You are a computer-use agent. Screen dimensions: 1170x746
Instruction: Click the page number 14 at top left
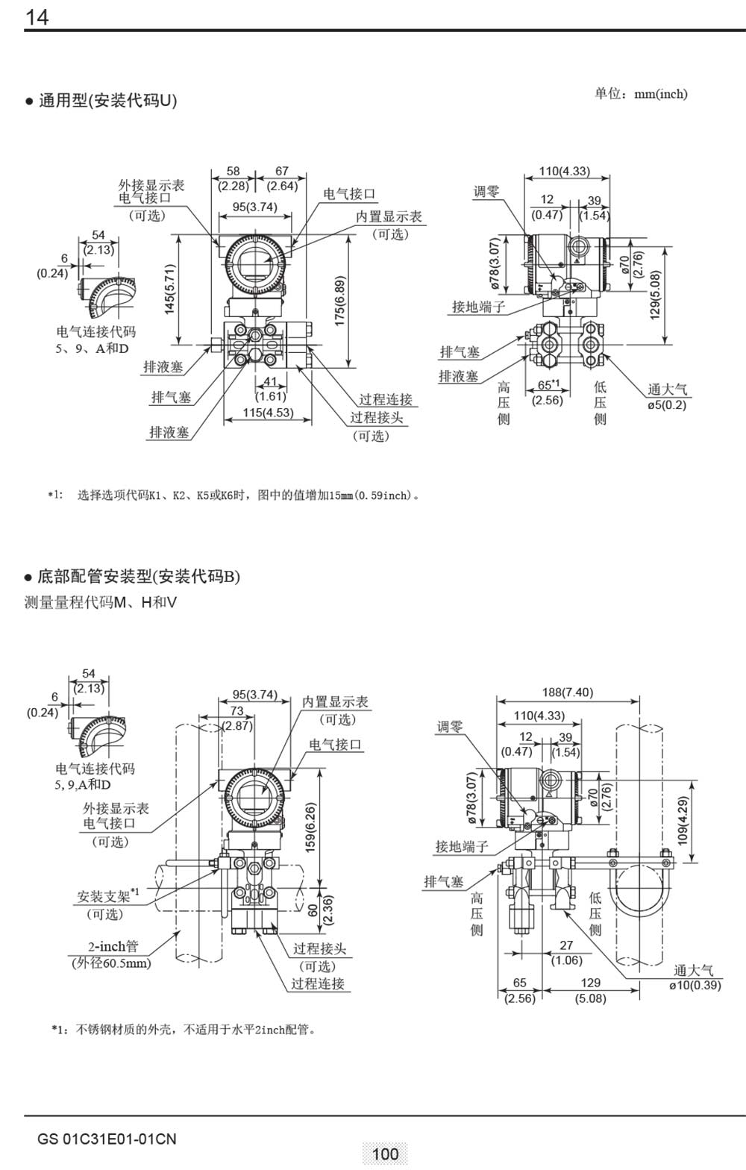tap(37, 16)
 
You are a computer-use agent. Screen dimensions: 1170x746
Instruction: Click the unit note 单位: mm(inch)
tap(641, 94)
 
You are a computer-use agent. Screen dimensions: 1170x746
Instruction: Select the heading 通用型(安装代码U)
tap(107, 101)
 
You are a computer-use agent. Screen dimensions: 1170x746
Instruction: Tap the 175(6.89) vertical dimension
tap(340, 301)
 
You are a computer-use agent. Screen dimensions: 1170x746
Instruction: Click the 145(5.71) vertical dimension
tap(170, 289)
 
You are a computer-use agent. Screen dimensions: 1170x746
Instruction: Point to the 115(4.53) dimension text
tap(268, 413)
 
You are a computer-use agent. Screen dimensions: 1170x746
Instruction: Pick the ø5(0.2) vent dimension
tap(666, 404)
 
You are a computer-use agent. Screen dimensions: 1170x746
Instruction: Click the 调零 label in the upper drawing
tap(486, 193)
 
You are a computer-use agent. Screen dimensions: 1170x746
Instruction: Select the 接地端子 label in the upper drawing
tap(478, 307)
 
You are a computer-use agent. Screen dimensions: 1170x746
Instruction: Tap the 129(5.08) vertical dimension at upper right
tap(655, 295)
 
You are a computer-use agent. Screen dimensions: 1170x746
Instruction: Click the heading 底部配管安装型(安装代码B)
tap(139, 576)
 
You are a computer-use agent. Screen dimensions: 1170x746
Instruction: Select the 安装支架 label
tap(104, 896)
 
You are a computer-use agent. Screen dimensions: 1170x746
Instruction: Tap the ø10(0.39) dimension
tap(695, 985)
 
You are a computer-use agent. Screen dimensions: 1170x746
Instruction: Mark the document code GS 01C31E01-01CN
tap(107, 1139)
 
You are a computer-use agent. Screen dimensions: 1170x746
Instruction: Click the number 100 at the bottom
tap(385, 1154)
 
